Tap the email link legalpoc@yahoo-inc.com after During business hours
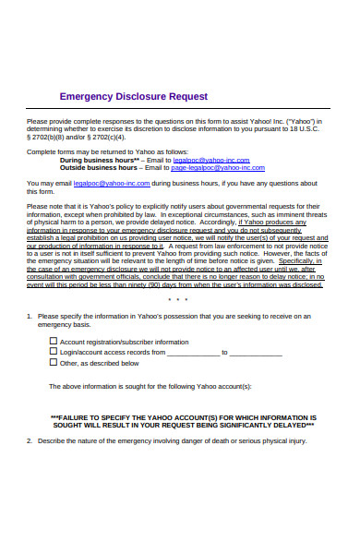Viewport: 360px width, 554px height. [203, 160]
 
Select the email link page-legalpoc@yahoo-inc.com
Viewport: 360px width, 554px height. [218, 168]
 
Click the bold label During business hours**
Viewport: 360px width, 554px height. [99, 160]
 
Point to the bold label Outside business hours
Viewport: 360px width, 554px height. [98, 168]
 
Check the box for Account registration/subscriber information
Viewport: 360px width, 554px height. [52, 341]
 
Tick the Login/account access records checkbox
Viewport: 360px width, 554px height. [52, 352]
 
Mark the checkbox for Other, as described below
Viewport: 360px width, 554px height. [52, 363]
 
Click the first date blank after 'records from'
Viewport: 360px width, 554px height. [193, 353]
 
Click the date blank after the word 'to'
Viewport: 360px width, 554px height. [255, 353]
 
